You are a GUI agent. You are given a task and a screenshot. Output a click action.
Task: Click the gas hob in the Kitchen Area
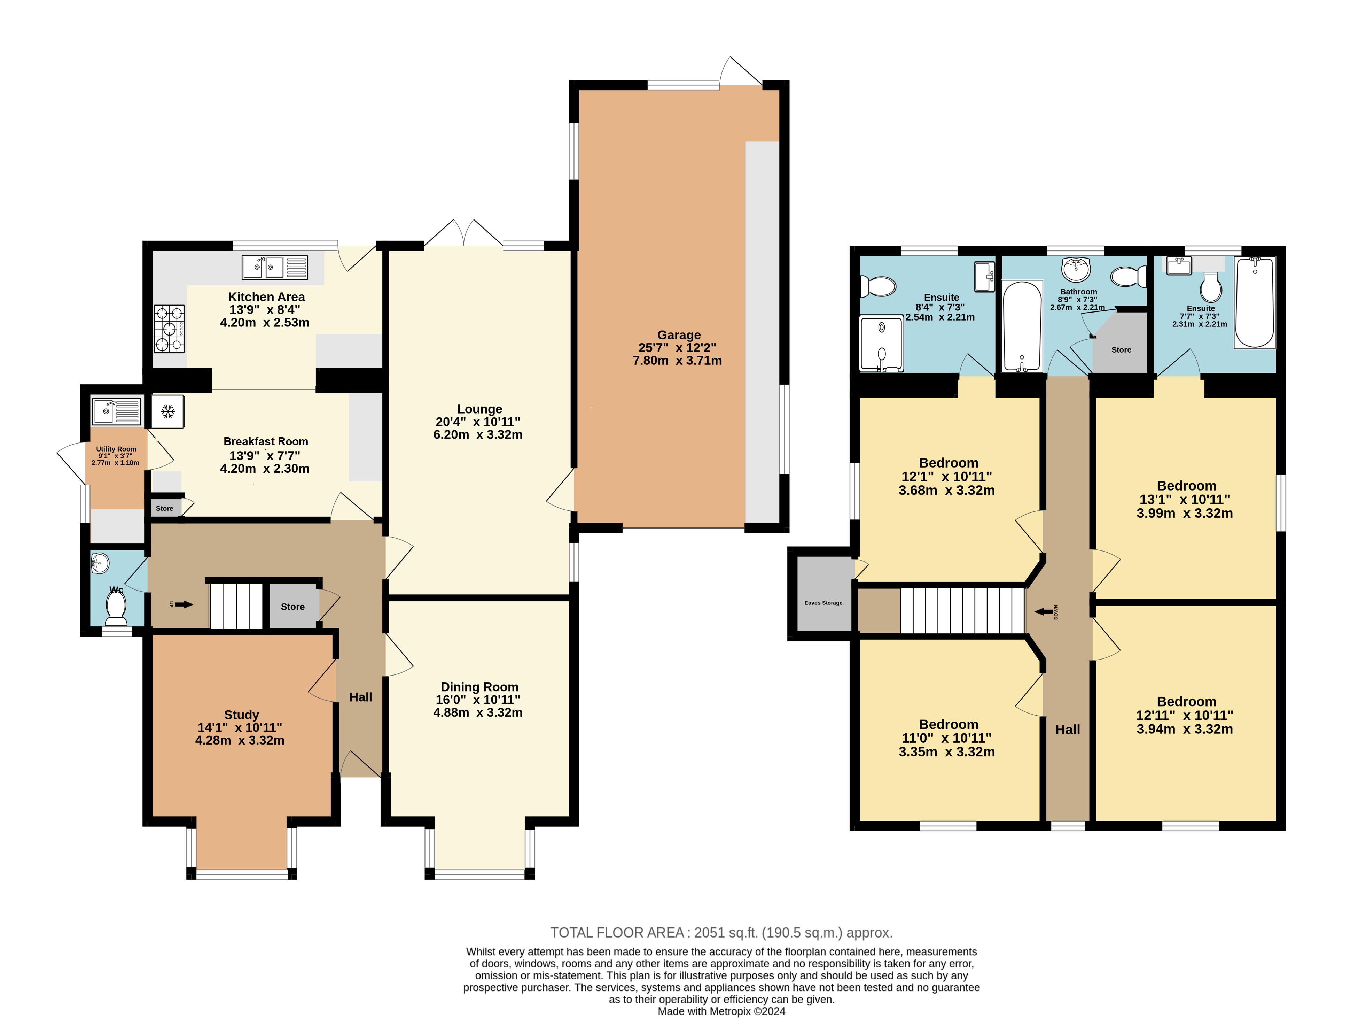pyautogui.click(x=169, y=329)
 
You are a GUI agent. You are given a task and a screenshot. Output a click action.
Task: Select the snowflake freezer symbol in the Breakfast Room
pyautogui.click(x=167, y=411)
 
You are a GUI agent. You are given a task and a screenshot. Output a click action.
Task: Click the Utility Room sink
pyautogui.click(x=116, y=411)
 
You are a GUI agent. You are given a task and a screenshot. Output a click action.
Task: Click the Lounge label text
pyautogui.click(x=479, y=409)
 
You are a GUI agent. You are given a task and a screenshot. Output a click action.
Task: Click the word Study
pyautogui.click(x=241, y=715)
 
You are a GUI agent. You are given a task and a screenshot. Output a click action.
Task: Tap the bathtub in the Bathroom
pyautogui.click(x=1022, y=326)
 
